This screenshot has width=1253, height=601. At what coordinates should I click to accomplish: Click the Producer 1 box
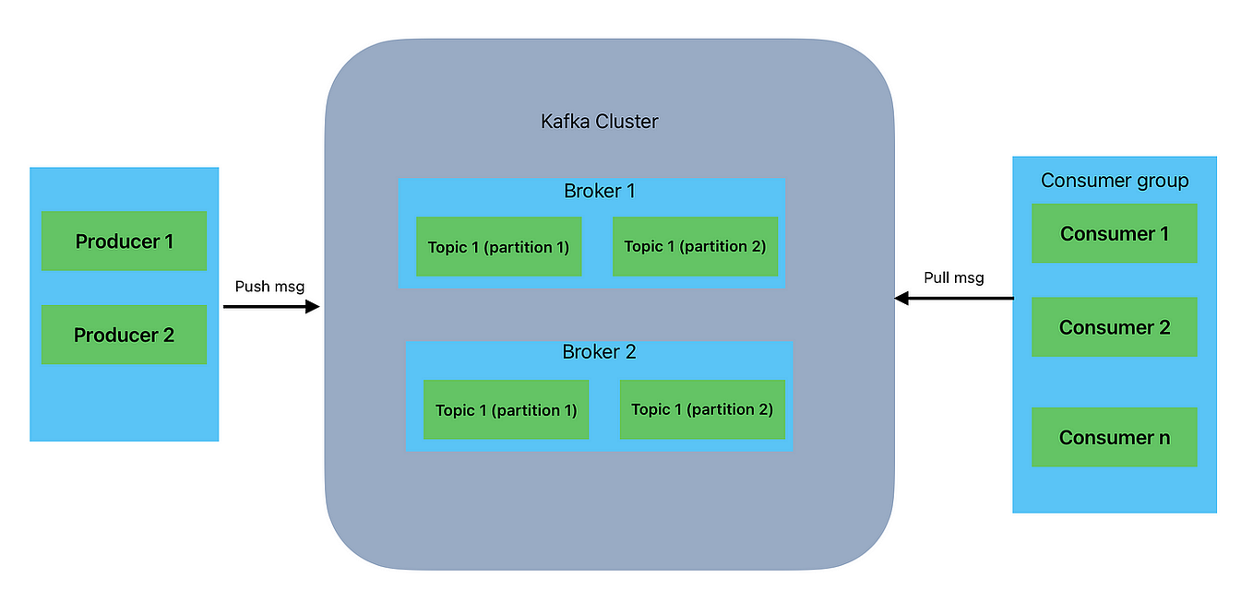click(124, 242)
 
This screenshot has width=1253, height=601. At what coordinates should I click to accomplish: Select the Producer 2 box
click(124, 336)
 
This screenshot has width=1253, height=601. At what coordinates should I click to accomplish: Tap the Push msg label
click(269, 287)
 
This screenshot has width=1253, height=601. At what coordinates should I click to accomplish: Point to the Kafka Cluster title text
click(599, 122)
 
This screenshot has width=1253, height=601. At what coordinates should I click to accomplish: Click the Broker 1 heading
click(599, 192)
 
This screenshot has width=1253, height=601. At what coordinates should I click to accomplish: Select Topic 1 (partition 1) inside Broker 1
click(498, 247)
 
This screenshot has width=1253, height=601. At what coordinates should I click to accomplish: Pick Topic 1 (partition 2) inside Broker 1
click(695, 247)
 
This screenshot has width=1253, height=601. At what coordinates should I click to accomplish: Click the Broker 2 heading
click(599, 352)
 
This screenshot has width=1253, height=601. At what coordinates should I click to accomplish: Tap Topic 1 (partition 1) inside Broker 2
click(506, 410)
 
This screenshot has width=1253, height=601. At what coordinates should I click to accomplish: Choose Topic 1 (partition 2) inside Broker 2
click(702, 409)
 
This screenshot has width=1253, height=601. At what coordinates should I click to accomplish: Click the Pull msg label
click(953, 277)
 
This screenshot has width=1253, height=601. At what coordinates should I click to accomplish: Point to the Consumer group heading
click(1114, 181)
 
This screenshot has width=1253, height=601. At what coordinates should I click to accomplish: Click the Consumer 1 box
click(1114, 234)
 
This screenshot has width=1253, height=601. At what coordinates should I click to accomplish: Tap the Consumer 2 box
click(1114, 327)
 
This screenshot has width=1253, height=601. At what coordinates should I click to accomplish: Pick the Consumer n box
click(1114, 438)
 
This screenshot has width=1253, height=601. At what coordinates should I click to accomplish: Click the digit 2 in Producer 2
click(168, 336)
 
